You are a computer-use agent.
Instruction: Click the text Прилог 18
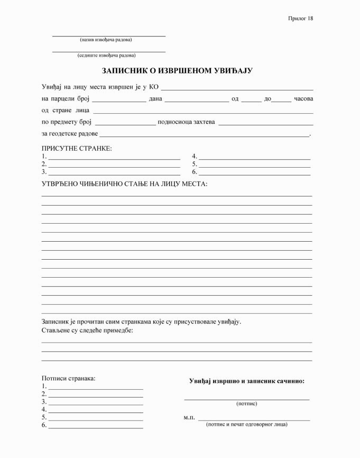[x=300, y=19]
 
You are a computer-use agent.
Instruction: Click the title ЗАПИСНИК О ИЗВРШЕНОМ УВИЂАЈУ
[x=177, y=70]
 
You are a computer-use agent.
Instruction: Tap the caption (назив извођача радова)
[x=106, y=40]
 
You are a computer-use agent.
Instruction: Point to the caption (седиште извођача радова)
[x=106, y=55]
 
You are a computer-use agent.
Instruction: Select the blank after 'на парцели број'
[x=119, y=99]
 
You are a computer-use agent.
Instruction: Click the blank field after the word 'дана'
[x=196, y=99]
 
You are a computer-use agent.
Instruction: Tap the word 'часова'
[x=303, y=99]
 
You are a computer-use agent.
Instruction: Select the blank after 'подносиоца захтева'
[x=265, y=123]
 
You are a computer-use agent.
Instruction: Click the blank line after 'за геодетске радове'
[x=204, y=134]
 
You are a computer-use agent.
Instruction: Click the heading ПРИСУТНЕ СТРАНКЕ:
[x=77, y=148]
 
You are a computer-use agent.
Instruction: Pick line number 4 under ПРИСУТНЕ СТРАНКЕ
[x=254, y=157]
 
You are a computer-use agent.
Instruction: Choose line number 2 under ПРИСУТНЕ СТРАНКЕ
[x=114, y=165]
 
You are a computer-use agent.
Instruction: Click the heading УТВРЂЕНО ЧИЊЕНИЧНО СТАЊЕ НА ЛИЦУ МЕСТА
[x=124, y=184]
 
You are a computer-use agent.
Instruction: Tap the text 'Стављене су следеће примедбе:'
[x=87, y=331]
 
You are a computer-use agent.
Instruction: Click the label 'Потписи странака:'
[x=69, y=378]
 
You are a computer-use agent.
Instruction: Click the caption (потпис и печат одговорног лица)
[x=247, y=424]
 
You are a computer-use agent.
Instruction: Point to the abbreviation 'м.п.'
[x=189, y=418]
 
